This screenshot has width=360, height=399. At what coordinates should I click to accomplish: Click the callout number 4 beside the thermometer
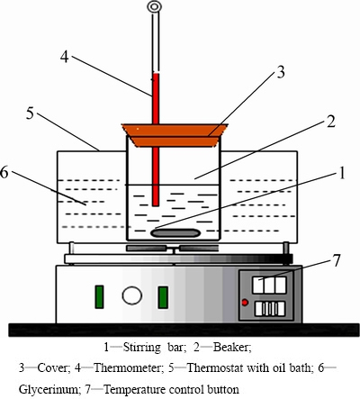(x=65, y=57)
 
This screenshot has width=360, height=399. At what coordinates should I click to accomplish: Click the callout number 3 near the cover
(x=280, y=72)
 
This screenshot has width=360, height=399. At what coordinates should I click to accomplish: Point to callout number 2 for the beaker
(x=330, y=122)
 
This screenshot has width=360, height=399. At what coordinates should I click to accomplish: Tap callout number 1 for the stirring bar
(x=342, y=173)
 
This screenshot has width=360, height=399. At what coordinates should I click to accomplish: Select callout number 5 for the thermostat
(x=30, y=113)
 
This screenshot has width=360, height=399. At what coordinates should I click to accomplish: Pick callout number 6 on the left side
(x=4, y=173)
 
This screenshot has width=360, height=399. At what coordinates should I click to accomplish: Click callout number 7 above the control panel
(x=337, y=260)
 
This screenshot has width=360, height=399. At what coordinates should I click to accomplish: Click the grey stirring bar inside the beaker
(x=175, y=232)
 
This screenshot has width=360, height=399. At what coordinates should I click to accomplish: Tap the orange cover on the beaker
(x=175, y=135)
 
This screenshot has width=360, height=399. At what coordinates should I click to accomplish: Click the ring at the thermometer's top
(x=155, y=6)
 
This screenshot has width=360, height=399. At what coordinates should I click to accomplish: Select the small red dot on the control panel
(x=245, y=303)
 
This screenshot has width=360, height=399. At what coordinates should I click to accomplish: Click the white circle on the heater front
(x=132, y=295)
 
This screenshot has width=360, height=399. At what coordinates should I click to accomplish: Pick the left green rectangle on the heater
(x=99, y=297)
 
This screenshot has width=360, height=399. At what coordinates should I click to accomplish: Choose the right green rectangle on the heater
(x=163, y=297)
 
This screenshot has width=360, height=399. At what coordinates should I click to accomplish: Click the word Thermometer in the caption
(x=129, y=367)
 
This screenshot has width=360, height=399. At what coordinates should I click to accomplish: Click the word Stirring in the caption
(x=142, y=348)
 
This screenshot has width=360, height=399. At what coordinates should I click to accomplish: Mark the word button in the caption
(x=223, y=390)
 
